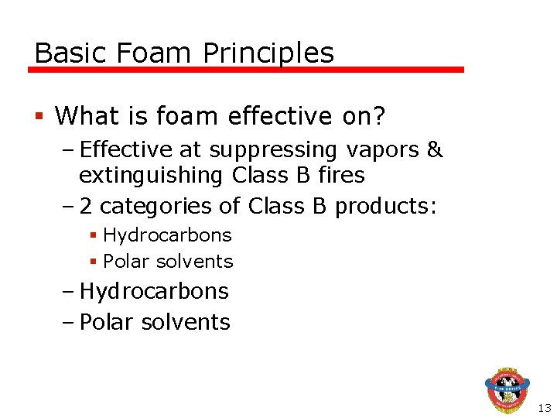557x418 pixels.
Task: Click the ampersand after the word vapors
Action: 435,149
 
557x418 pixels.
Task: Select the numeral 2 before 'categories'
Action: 87,207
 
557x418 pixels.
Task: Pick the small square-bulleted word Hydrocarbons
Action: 167,235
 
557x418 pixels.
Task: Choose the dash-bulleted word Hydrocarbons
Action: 154,292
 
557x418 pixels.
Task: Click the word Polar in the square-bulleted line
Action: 125,262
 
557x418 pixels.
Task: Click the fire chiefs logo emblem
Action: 507,390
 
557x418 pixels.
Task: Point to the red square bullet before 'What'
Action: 39,117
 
